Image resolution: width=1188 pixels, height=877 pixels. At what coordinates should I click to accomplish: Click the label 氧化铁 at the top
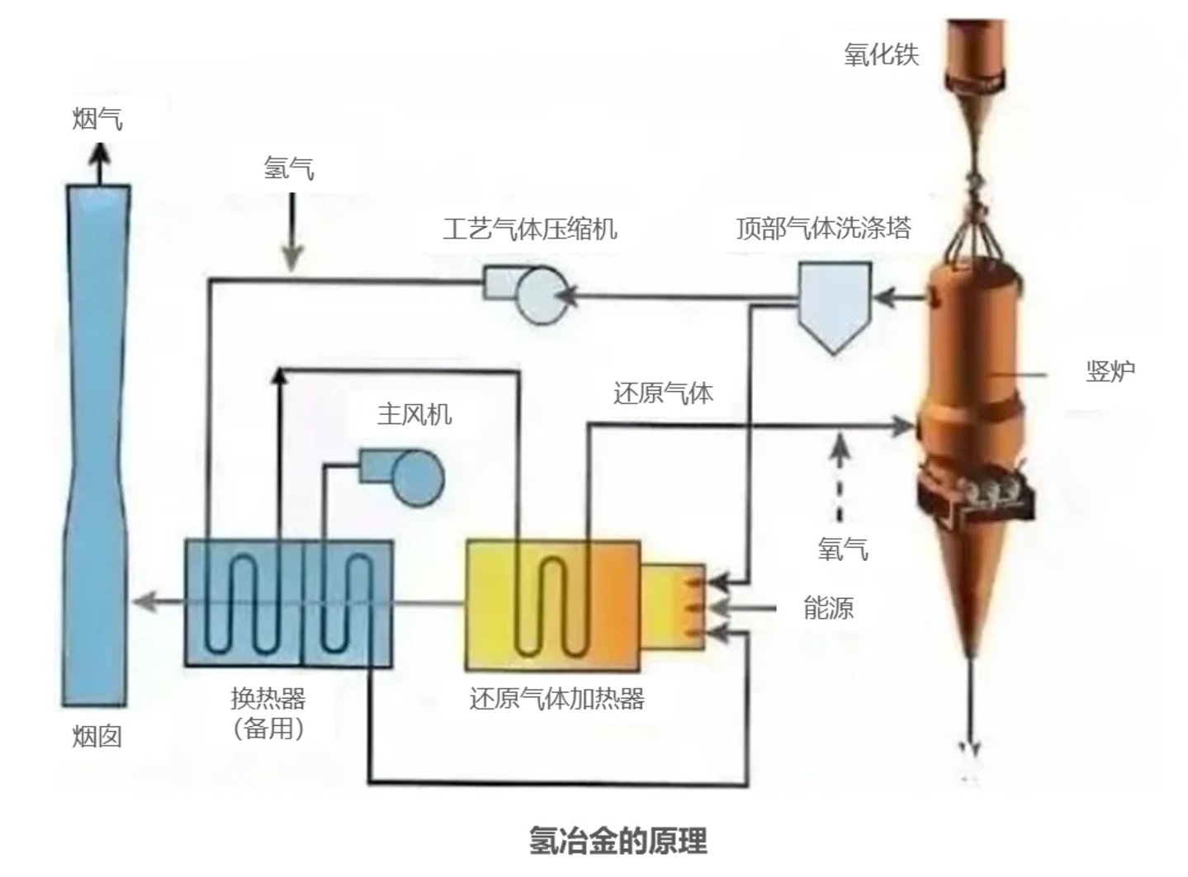(881, 54)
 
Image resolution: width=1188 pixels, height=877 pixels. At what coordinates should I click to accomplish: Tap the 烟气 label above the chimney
(97, 120)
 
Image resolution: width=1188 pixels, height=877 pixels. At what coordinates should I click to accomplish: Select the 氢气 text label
(289, 168)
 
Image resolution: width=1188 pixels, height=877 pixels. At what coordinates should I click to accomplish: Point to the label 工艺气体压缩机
(529, 228)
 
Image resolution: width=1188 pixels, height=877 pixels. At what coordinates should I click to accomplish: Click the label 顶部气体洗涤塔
(823, 228)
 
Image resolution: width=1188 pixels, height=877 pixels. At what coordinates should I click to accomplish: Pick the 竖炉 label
(1110, 371)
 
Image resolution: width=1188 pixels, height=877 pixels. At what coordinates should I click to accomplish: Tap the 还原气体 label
(663, 393)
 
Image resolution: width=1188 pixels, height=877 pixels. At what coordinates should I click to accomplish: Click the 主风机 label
(414, 413)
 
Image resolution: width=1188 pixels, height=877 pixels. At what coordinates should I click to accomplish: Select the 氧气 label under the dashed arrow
(843, 549)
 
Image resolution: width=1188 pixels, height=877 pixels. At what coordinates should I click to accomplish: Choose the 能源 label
(828, 608)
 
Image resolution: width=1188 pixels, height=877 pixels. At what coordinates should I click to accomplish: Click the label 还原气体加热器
(556, 699)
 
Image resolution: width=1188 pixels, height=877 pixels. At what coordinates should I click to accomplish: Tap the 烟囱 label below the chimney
(97, 736)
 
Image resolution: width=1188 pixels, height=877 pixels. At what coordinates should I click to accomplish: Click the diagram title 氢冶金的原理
(618, 841)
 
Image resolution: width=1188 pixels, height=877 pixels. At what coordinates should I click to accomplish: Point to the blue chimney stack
(97, 446)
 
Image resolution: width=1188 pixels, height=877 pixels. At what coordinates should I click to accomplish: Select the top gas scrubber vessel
(834, 301)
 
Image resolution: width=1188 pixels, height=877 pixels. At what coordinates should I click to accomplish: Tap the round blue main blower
(417, 478)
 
